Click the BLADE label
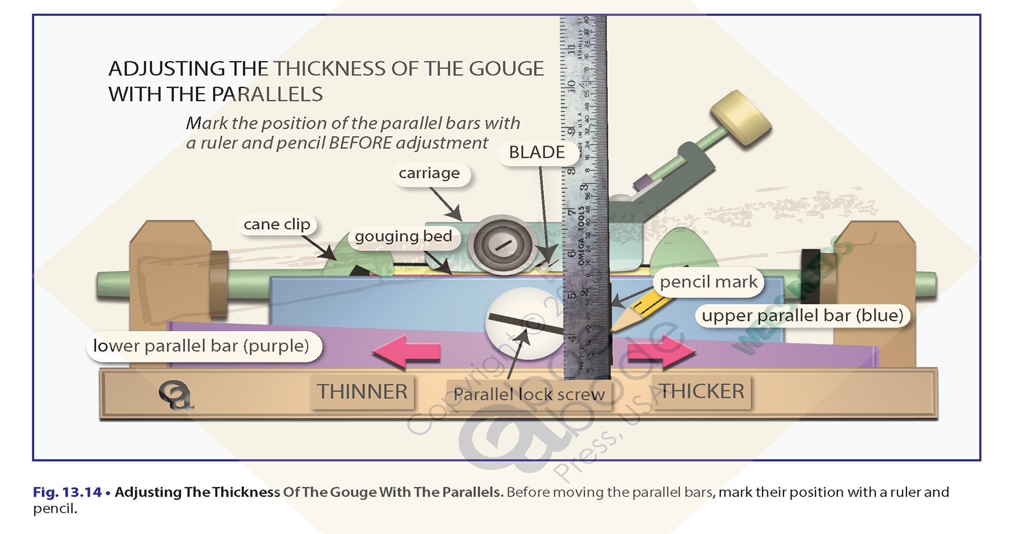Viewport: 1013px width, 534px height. [537, 152]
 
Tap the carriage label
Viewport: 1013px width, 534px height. [429, 173]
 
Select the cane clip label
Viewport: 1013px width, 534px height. [277, 224]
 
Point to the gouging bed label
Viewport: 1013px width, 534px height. [403, 236]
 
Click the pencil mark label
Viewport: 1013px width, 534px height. [708, 282]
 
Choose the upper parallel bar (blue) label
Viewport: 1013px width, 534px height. [802, 316]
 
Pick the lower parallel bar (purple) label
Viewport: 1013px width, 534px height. [201, 346]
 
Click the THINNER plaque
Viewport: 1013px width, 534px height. [362, 392]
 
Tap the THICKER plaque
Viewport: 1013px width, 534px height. [702, 391]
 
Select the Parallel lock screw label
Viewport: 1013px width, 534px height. [529, 394]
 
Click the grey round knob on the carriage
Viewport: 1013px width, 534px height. [502, 244]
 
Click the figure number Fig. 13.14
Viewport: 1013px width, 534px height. [67, 492]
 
